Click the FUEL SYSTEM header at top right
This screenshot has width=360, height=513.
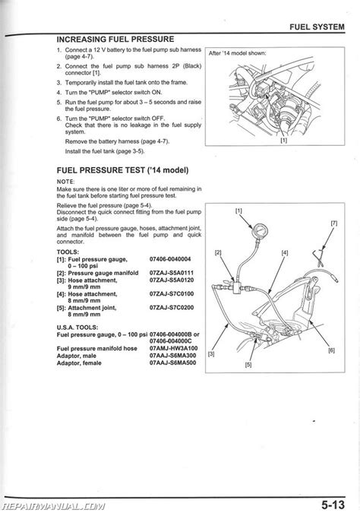[317, 27]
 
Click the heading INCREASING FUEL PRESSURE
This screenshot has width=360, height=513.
[115, 40]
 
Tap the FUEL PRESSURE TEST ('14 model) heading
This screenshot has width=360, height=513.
[122, 170]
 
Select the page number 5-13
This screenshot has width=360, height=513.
[333, 504]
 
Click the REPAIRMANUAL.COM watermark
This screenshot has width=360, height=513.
[54, 506]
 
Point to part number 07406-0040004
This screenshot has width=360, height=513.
[170, 259]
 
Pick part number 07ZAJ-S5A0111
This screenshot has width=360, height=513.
[172, 273]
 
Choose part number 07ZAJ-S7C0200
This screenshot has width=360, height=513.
[172, 308]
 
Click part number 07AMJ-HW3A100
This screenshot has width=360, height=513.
[173, 348]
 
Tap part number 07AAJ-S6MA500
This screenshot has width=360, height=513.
[172, 363]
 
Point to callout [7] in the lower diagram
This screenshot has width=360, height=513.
[334, 223]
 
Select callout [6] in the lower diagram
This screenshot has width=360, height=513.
[332, 350]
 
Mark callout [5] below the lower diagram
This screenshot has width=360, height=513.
[248, 365]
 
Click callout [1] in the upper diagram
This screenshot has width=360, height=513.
[284, 141]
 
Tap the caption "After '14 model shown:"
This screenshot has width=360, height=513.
[237, 53]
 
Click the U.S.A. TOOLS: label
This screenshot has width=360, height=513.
[77, 327]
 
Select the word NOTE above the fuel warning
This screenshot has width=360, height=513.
[65, 182]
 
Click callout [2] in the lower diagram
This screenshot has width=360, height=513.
[218, 252]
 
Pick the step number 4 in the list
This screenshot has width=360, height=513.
[58, 93]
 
